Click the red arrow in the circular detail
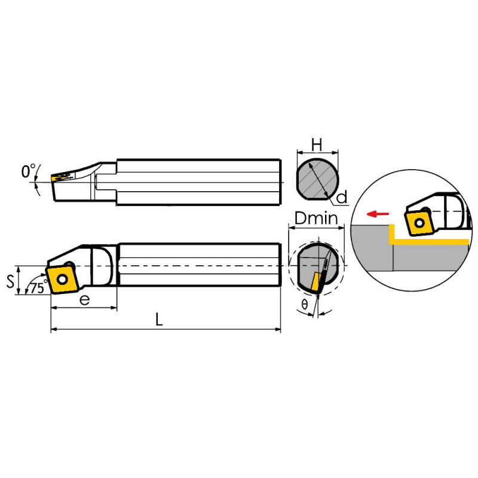(x=378, y=214)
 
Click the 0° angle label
(x=28, y=171)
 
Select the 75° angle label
(x=39, y=287)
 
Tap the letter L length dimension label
(x=159, y=320)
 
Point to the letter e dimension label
(x=84, y=301)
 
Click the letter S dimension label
(x=10, y=281)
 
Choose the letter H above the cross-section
(x=317, y=145)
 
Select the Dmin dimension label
(x=317, y=218)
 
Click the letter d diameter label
(x=342, y=197)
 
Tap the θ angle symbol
(x=304, y=304)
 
